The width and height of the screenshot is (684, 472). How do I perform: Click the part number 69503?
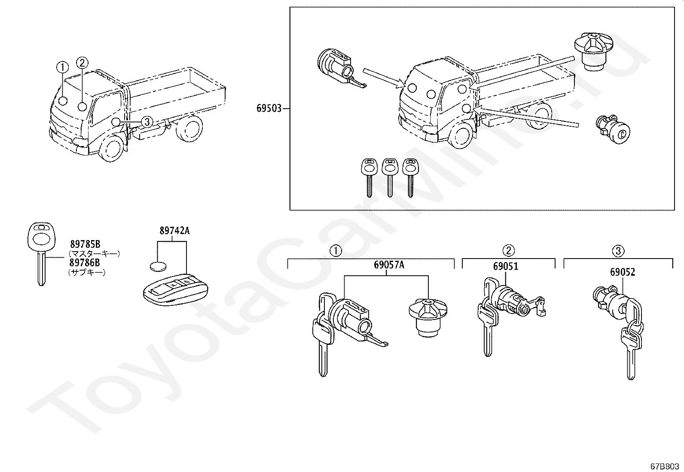[269, 108]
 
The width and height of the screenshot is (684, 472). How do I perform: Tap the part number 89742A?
[175, 231]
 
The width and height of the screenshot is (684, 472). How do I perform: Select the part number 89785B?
[85, 244]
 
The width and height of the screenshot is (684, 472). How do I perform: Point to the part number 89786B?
[85, 262]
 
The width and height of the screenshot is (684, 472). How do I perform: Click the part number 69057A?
[389, 265]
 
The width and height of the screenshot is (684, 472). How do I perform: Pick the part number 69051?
[506, 267]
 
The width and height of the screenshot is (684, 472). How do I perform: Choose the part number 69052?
[623, 272]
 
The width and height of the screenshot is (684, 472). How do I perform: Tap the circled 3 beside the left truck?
[147, 122]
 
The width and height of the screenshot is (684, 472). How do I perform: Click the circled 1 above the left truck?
[63, 67]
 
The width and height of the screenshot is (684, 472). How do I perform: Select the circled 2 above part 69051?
[508, 251]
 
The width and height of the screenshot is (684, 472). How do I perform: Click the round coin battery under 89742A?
[159, 266]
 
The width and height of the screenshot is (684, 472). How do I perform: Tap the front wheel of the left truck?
[111, 148]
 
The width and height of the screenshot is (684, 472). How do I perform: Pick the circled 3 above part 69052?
[618, 251]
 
